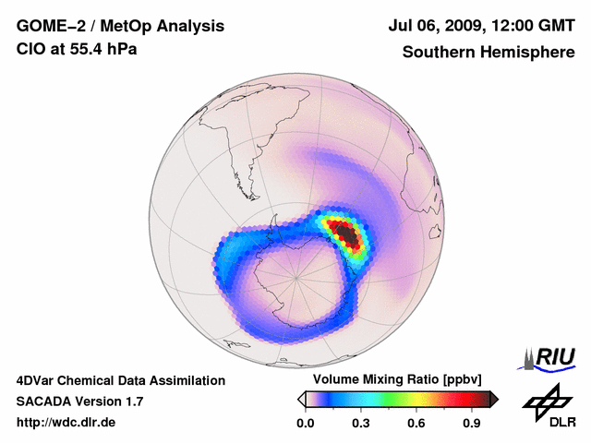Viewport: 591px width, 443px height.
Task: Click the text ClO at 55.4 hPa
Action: (x=77, y=49)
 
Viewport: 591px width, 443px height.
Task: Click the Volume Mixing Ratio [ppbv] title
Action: (x=398, y=380)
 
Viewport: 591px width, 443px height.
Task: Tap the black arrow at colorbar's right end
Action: (x=495, y=399)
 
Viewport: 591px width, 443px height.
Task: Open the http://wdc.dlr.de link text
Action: (x=66, y=423)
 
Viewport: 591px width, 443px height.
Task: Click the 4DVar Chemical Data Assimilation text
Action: (x=121, y=380)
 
